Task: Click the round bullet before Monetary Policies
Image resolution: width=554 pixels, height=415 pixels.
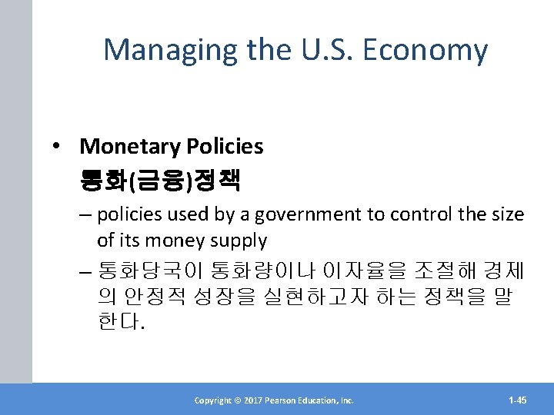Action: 59,147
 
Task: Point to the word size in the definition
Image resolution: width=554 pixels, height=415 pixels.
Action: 506,214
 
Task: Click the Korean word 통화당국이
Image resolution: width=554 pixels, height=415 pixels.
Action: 146,271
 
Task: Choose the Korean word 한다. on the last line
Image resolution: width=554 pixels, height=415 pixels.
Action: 121,322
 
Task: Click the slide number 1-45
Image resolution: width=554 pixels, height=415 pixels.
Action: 518,400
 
